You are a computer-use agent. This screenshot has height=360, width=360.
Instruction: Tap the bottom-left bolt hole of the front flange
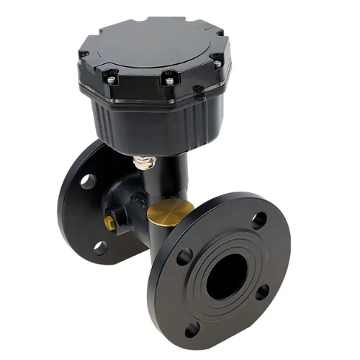click(192, 329)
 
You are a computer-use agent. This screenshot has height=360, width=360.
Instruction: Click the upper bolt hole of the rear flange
click(88, 181)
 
